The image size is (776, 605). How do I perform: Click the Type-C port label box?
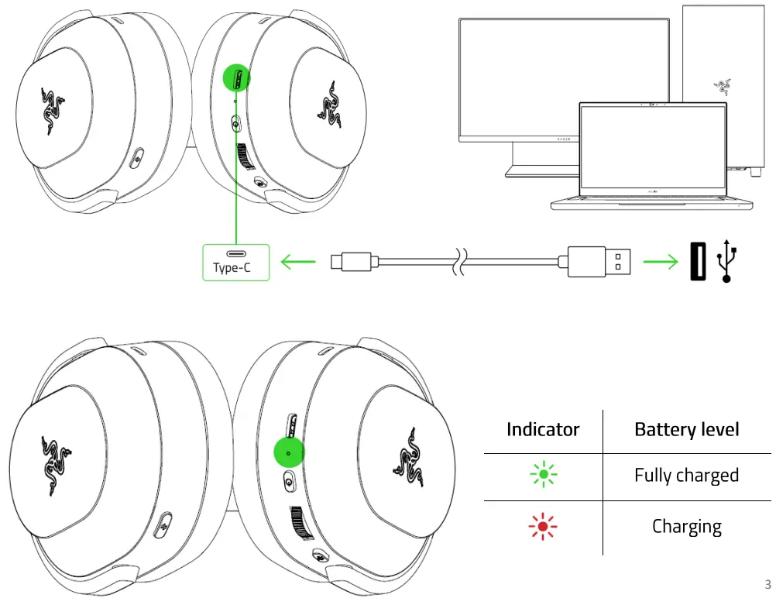click(x=236, y=262)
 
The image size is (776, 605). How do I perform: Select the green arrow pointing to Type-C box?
click(x=297, y=263)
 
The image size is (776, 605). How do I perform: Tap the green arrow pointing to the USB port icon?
click(x=661, y=263)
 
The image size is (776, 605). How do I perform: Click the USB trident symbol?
click(x=727, y=261)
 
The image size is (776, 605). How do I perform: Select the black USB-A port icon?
click(x=698, y=262)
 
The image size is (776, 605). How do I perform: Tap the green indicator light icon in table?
click(x=543, y=475)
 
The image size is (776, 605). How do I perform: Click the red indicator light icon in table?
click(x=543, y=528)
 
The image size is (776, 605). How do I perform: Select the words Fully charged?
click(x=686, y=475)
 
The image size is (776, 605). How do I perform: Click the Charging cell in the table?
click(x=686, y=527)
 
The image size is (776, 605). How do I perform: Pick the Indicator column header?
click(x=543, y=429)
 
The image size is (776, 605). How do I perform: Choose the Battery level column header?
click(x=686, y=429)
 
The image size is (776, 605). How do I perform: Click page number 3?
click(x=767, y=584)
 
